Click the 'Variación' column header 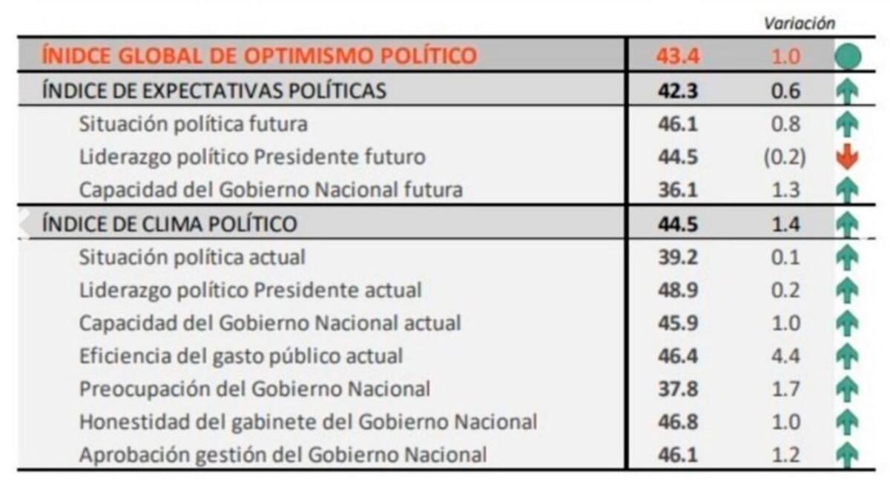click(800, 23)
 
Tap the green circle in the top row click(847, 57)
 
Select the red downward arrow click(846, 157)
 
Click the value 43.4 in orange click(677, 56)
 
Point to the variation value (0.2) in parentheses click(785, 157)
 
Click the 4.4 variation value click(785, 356)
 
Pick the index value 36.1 click(677, 190)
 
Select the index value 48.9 click(677, 290)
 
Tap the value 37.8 click(677, 388)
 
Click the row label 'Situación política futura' click(194, 124)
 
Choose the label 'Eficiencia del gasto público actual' click(241, 356)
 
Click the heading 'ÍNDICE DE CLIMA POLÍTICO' click(170, 223)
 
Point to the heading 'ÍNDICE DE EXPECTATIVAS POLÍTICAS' click(214, 90)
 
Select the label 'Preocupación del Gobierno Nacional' click(254, 388)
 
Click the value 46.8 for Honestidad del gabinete click(677, 422)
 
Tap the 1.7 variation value click(785, 388)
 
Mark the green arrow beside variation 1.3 click(846, 191)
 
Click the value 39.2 click(677, 256)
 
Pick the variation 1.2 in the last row click(785, 454)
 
